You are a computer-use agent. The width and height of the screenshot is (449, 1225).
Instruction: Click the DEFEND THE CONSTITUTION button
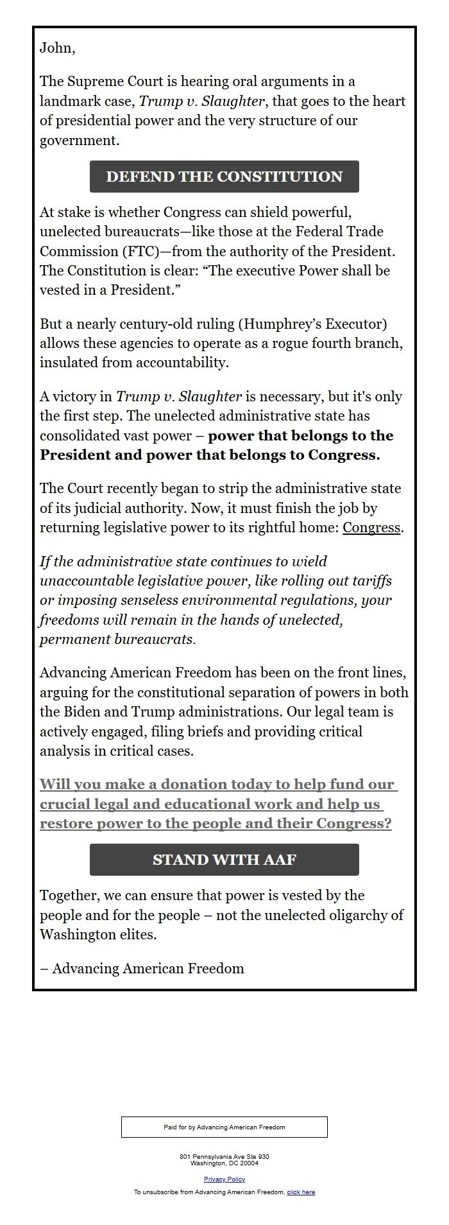[x=224, y=177]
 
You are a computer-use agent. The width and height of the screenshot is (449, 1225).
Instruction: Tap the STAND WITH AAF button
[x=224, y=860]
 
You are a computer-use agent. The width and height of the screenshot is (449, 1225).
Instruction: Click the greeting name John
[x=56, y=48]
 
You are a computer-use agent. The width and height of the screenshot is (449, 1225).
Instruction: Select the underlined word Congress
[x=371, y=528]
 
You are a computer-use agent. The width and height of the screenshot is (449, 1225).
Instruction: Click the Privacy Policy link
[x=224, y=1179]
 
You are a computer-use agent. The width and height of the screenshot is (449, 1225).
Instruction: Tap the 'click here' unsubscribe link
[x=301, y=1192]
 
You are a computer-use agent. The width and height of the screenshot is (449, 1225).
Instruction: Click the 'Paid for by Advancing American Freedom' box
[x=224, y=1127]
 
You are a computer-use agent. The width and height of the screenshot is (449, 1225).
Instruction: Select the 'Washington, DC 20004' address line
[x=224, y=1163]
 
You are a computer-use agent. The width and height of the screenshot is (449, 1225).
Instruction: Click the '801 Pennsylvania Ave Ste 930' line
[x=224, y=1156]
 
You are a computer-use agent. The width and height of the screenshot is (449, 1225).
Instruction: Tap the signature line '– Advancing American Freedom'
[x=142, y=968]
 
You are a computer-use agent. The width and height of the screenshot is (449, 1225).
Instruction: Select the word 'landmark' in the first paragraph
[x=68, y=101]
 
